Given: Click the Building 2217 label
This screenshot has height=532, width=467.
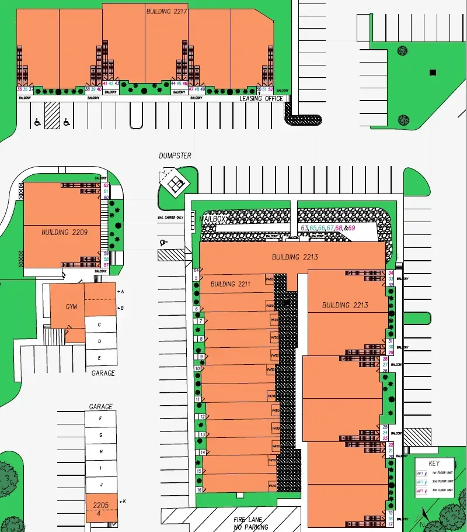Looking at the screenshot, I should pyautogui.click(x=167, y=11).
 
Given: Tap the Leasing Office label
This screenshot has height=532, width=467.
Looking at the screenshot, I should pyautogui.click(x=262, y=99).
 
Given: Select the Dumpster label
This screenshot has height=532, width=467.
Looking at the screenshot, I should pyautogui.click(x=175, y=156).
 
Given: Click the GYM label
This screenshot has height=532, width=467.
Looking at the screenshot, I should pyautogui.click(x=71, y=306).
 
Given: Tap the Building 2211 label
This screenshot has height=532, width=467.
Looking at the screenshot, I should pyautogui.click(x=231, y=284).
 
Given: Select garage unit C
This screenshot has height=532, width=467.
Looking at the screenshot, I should pyautogui.click(x=100, y=324).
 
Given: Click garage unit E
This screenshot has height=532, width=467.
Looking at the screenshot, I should pyautogui.click(x=100, y=358).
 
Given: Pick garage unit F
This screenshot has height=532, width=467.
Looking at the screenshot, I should pyautogui.click(x=101, y=419).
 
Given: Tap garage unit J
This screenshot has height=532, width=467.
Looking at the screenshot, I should pyautogui.click(x=101, y=485).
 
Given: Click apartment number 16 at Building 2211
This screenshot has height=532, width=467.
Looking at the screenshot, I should pyautogui.click(x=200, y=490).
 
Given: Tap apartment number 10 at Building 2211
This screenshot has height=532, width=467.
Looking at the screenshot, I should pyautogui.click(x=198, y=369).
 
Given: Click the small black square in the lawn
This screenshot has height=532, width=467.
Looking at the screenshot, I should pyautogui.click(x=433, y=72).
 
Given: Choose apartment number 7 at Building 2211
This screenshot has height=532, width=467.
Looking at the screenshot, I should pyautogui.click(x=201, y=321).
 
